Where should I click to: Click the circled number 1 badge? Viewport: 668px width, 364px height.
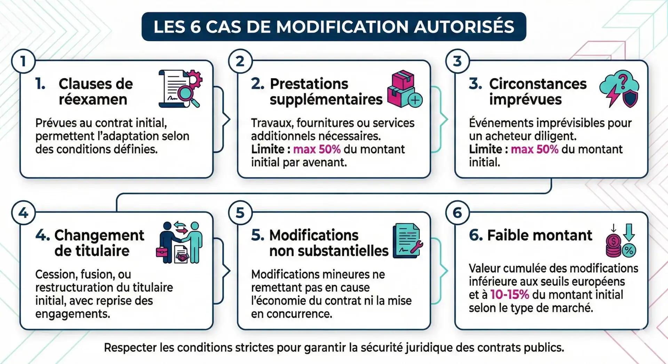[x=23, y=61]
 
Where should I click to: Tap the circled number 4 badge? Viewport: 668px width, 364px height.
[x=23, y=212]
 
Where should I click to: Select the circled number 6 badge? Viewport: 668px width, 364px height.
[x=457, y=212]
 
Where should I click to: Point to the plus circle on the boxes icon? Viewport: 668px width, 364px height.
[x=415, y=100]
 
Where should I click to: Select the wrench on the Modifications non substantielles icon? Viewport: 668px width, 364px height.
[x=416, y=246]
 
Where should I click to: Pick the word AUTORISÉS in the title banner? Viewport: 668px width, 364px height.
[x=464, y=27]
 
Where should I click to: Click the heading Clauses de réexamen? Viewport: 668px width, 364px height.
[x=95, y=91]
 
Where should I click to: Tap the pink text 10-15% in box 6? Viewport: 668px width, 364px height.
[x=509, y=294]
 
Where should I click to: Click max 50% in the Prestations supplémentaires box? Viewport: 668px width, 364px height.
[x=317, y=149]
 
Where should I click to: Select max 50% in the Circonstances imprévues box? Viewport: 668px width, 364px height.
[x=534, y=149]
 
